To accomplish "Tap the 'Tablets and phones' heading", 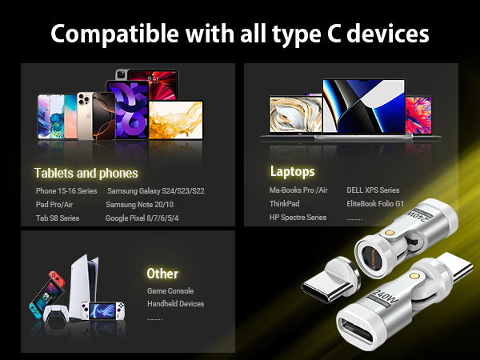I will coord(86,173).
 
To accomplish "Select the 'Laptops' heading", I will coord(292,171).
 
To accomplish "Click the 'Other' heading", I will coord(162,274).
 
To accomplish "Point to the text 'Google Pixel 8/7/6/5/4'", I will coord(142,218).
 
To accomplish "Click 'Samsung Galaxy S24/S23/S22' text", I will coord(156,190).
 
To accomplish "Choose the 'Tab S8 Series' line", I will coord(58,218).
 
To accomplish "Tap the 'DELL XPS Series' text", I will coord(373,190).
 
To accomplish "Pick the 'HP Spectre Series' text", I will coord(298,218).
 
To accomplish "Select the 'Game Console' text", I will coord(170,291).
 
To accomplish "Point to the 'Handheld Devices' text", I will coord(175,304).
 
